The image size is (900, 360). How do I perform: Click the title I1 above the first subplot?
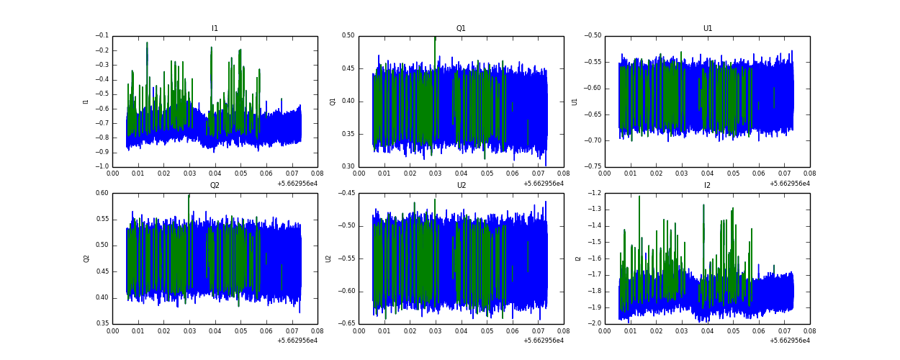pos(215,29)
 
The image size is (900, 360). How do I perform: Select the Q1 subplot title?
pos(461,29)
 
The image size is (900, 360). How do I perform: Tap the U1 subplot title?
pos(707,29)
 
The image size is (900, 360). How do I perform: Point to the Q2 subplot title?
pos(215,186)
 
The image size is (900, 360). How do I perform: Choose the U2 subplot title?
pos(461,186)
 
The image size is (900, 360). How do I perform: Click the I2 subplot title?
pos(707,186)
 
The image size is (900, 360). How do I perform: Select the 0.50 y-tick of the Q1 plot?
pos(348,36)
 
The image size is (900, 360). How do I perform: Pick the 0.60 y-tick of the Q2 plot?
pos(102,193)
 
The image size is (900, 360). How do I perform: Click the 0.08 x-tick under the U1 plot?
pos(809,173)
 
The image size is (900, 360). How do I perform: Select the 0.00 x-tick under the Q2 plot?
pos(113,330)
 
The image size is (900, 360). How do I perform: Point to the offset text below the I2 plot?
pos(789,341)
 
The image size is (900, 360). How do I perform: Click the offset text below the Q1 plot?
pos(543,184)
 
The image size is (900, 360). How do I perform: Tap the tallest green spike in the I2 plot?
pos(639,197)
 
